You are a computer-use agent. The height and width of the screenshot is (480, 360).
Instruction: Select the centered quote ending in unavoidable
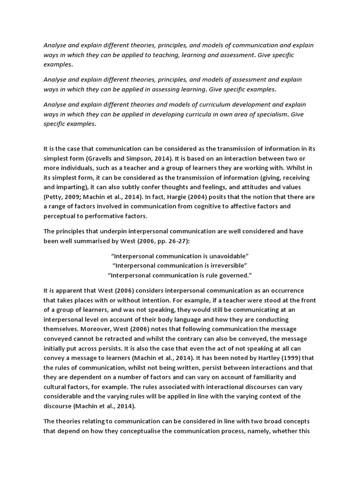[180, 255]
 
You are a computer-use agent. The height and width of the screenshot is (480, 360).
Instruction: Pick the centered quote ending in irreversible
[180, 265]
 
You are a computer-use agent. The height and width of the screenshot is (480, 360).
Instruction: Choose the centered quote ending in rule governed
[180, 275]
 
